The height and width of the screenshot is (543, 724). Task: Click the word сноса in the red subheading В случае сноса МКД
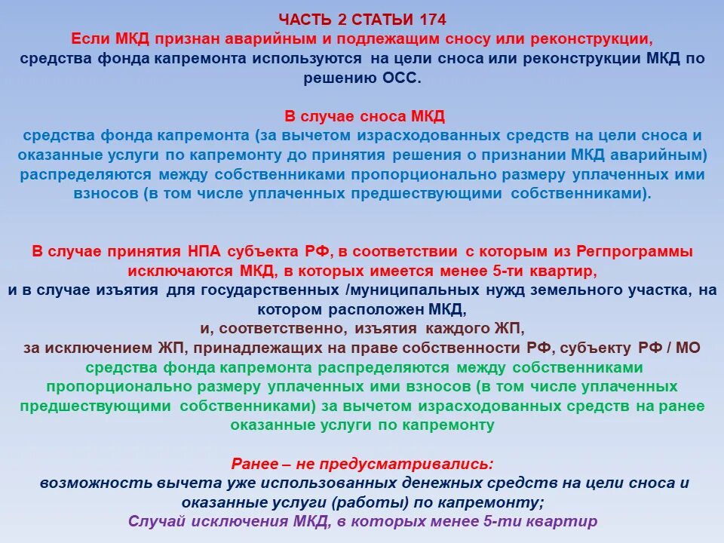(x=379, y=116)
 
